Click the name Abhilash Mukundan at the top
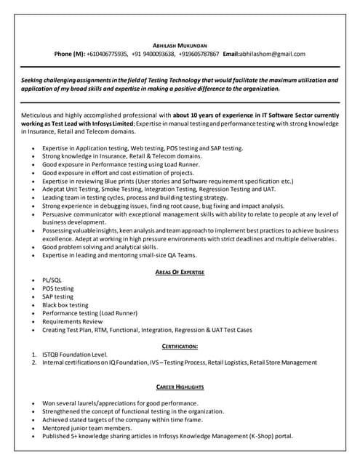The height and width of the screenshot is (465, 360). tap(180, 44)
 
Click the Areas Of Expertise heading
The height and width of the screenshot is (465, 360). tap(180, 272)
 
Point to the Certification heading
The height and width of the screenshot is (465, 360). tap(180, 346)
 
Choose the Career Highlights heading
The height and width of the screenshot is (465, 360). tap(180, 387)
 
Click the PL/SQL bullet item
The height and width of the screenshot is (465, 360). tap(52, 280)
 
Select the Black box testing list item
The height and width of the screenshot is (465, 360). tap(65, 305)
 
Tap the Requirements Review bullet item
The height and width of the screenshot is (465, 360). tap(72, 321)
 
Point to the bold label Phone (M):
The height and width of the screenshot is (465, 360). tap(69, 54)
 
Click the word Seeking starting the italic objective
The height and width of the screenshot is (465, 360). tap(34, 79)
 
